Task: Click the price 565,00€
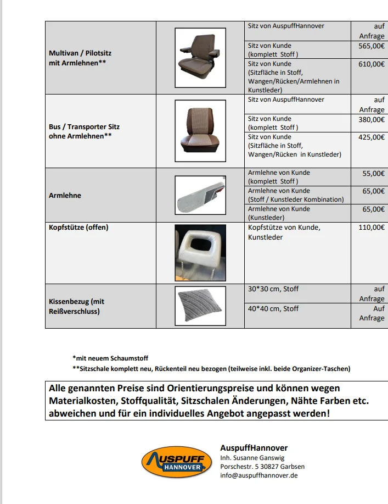372,46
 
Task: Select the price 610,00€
372,64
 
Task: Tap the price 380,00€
372,119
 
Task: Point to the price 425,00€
372,137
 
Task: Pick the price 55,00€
373,173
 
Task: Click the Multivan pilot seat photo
200,58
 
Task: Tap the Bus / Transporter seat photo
200,131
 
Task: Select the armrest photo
200,195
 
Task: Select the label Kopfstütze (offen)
78,227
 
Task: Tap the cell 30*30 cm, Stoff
273,289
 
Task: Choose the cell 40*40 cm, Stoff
273,308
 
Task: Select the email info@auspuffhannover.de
258,475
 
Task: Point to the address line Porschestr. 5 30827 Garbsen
262,467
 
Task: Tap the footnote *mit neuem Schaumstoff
110,358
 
